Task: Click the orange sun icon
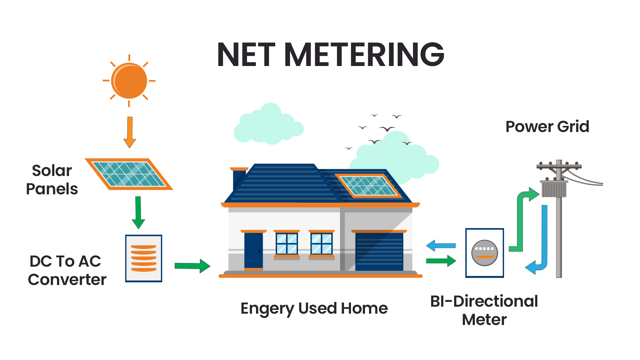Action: coord(129,81)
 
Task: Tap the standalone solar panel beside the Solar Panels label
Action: coord(129,174)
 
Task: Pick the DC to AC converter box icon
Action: coord(144,258)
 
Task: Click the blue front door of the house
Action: coord(253,250)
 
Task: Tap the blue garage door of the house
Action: coord(379,252)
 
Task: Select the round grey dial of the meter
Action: coord(484,253)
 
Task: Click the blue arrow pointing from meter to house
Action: coord(441,246)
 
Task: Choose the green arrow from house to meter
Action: coord(441,261)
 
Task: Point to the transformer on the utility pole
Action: coord(554,189)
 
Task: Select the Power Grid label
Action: coord(547,127)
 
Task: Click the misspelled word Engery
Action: coord(267,309)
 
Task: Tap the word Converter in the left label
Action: coord(67,279)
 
